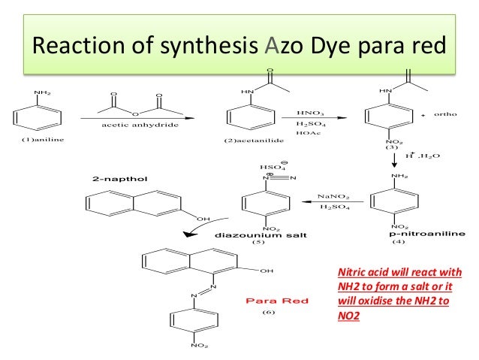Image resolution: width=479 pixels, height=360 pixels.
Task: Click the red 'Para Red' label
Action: [x=278, y=301]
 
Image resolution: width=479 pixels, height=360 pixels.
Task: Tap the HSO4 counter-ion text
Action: [x=271, y=168]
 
